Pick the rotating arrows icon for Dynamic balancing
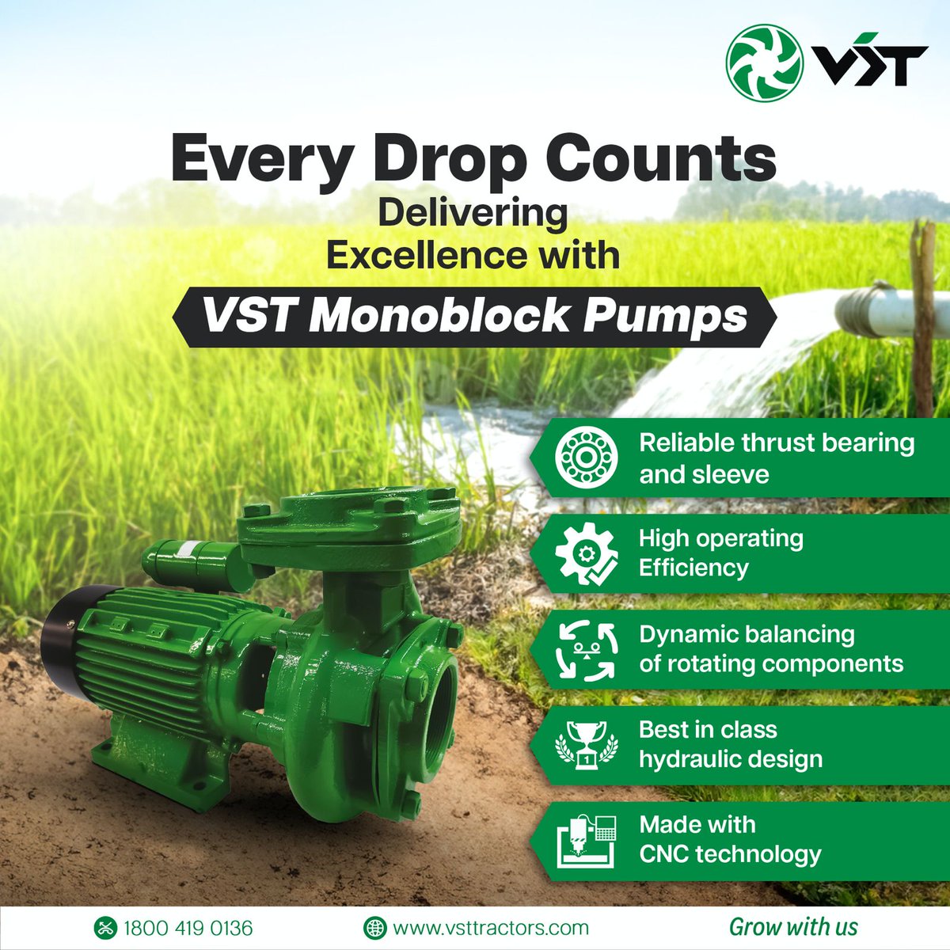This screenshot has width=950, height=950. [586, 649]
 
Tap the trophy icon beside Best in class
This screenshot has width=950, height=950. [586, 744]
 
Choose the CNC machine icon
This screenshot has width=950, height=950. [586, 840]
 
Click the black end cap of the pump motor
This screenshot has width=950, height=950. [60, 641]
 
